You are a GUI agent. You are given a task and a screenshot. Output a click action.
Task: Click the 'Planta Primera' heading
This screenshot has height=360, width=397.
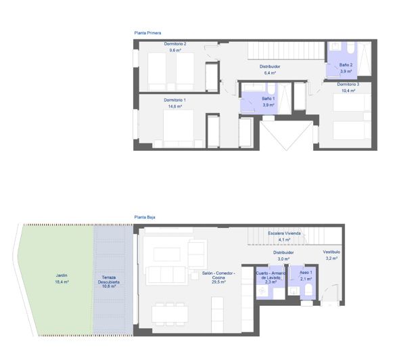point(147,32)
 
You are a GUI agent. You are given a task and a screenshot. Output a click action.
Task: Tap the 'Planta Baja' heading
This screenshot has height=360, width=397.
point(145,217)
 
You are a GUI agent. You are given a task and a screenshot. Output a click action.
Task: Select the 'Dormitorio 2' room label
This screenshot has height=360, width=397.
point(175,44)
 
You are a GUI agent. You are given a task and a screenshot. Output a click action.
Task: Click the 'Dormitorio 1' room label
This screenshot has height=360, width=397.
point(174,100)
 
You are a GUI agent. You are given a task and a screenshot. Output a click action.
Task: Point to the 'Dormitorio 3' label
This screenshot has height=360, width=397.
point(348,84)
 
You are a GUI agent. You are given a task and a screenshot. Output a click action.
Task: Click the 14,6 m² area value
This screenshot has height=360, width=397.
point(174,106)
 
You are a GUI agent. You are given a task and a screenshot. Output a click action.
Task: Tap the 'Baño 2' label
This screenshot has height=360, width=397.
point(346,65)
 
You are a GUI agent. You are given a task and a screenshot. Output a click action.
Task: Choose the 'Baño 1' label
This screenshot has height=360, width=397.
point(268,99)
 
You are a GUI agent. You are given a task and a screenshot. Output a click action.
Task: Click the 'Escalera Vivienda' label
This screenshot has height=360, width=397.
point(284,233)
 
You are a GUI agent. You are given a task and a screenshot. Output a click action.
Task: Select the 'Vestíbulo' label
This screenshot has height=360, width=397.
point(331,252)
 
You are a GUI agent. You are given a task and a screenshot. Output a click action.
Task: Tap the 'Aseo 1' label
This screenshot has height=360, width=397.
point(306,273)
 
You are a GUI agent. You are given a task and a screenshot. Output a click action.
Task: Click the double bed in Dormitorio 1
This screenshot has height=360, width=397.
point(179,127)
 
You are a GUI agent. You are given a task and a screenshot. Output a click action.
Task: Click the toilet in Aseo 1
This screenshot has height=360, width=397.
point(308,290)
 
